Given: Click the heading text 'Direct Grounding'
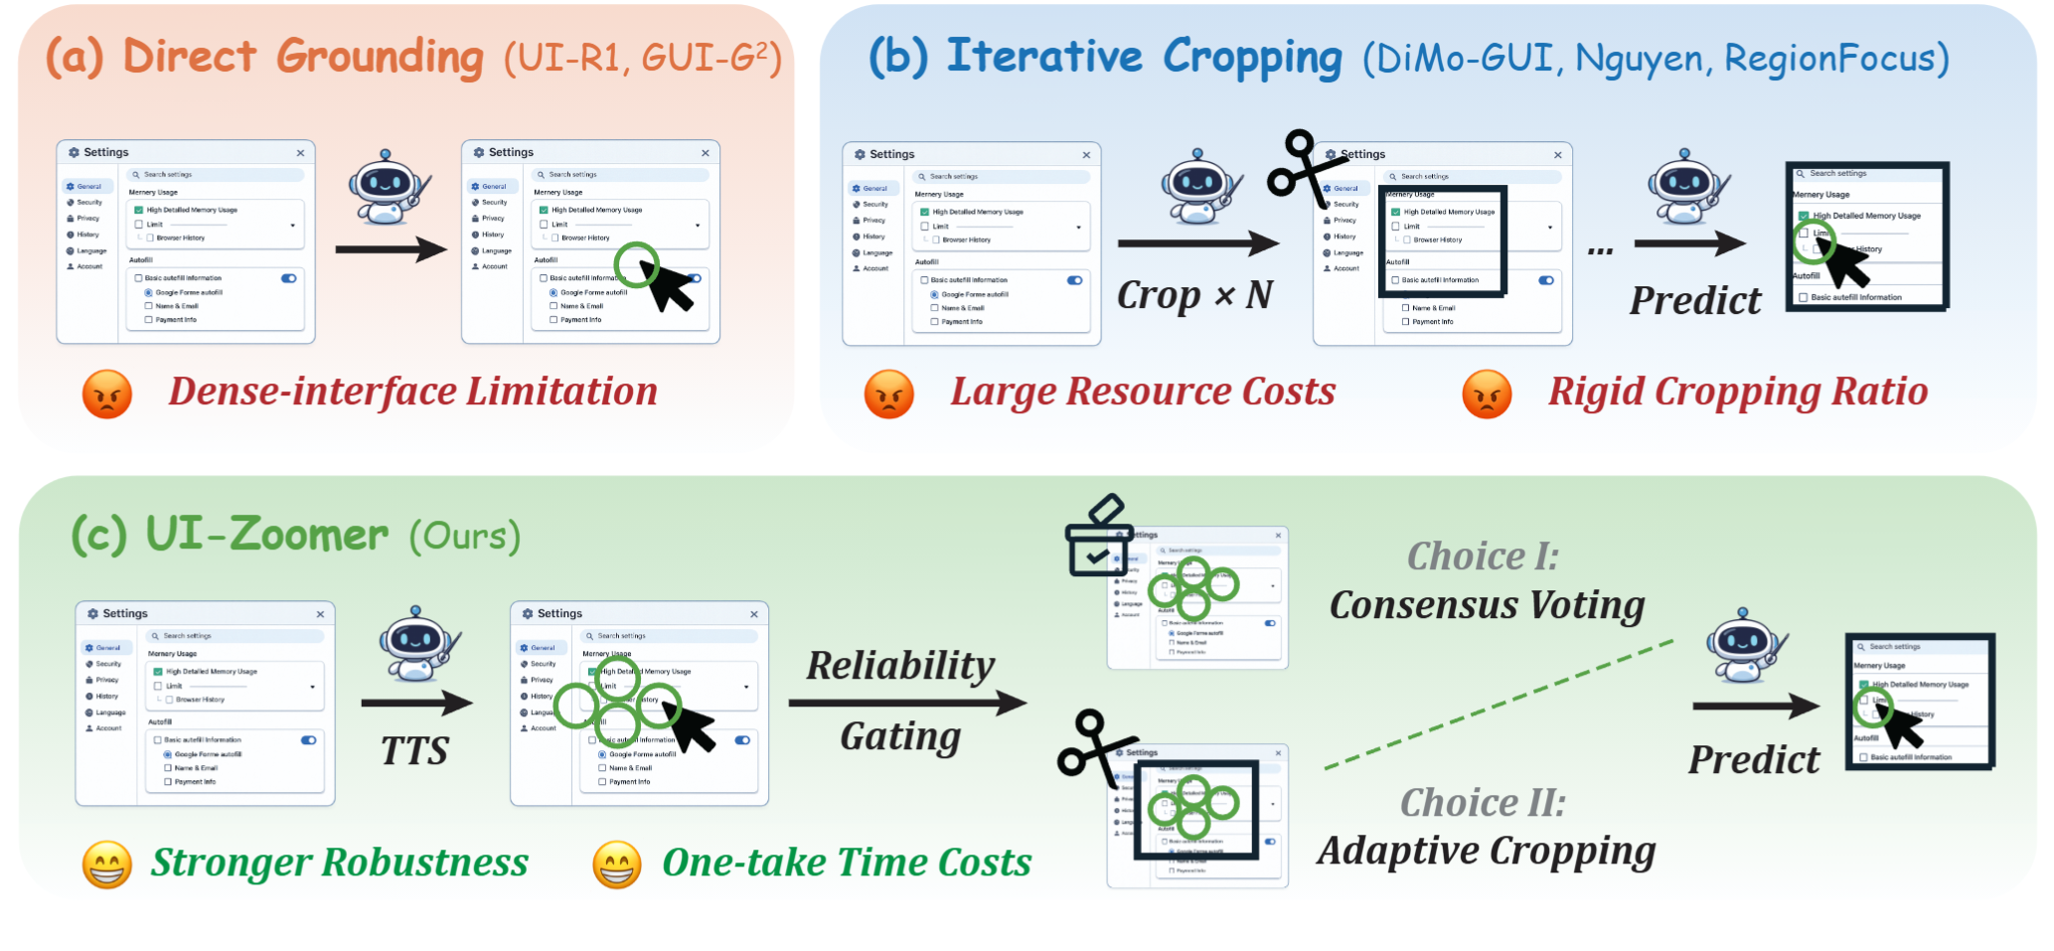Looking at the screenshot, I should (x=303, y=57).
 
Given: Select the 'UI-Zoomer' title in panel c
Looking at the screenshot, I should (x=266, y=535).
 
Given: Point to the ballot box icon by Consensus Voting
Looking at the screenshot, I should (x=1098, y=538).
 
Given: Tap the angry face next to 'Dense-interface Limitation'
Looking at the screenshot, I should (x=107, y=394).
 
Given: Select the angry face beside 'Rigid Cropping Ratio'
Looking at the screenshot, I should (x=1487, y=394).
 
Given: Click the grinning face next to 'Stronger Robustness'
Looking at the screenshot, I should (x=107, y=864).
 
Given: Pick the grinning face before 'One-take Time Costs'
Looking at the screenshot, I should (x=616, y=864).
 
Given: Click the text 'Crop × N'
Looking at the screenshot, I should (x=1193, y=295).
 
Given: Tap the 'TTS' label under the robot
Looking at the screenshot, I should (x=414, y=751).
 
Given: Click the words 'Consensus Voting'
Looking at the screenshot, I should (x=1487, y=604).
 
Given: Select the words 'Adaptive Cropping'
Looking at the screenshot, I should (x=1487, y=851).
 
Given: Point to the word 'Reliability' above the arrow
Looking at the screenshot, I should (x=899, y=666).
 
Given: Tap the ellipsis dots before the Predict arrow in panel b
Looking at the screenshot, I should (x=1599, y=250).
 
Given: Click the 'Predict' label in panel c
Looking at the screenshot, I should (x=1753, y=760).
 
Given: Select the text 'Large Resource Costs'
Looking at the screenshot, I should (x=1143, y=392).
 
